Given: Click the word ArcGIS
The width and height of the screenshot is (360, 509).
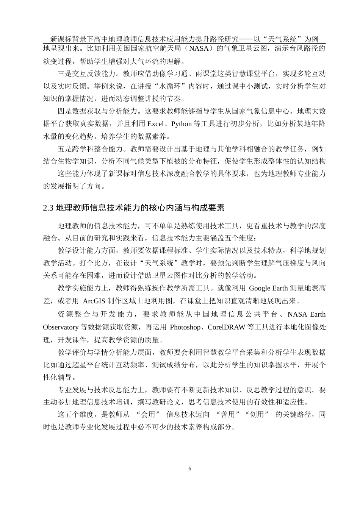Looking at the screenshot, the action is pos(95,301).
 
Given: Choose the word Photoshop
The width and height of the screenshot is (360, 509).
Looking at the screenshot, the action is pos(185,327).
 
